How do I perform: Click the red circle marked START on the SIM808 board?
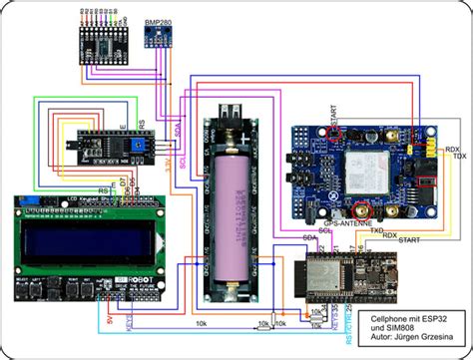(339, 134)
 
